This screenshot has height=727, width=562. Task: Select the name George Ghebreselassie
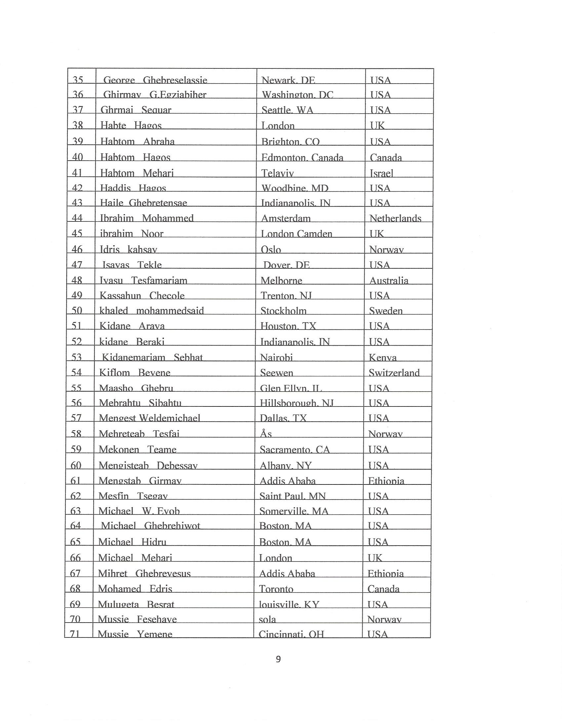(x=155, y=80)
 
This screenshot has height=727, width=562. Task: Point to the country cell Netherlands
(x=395, y=218)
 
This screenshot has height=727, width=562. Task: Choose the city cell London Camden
(x=296, y=234)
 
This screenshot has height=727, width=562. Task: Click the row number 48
(x=77, y=280)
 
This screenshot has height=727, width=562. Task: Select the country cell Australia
(x=388, y=281)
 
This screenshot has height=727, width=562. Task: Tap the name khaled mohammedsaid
(x=151, y=311)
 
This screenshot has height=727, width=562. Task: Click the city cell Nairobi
(x=276, y=358)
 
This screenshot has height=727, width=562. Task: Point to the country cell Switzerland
(x=394, y=372)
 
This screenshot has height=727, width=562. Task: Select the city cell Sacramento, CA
(x=295, y=450)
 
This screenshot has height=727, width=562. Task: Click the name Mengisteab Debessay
(x=148, y=465)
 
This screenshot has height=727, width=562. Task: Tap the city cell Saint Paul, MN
(x=293, y=496)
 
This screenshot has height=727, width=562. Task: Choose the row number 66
(x=76, y=557)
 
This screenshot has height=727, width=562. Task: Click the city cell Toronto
(x=276, y=589)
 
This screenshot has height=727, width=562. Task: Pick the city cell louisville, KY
(x=289, y=604)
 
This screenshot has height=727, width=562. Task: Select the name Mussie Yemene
(x=135, y=634)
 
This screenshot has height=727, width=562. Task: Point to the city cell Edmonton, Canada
(x=302, y=157)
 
